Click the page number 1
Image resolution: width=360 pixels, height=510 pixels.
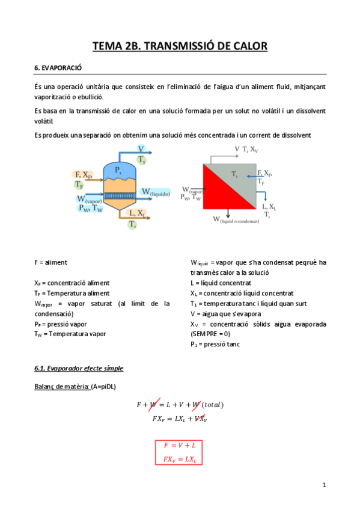tap(324, 485)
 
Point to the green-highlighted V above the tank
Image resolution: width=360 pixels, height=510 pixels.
tap(141, 149)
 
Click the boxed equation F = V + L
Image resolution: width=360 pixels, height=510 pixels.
tap(179, 446)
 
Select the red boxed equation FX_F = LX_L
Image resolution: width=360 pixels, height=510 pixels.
tap(179, 459)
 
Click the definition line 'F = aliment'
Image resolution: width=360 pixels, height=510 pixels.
tap(51, 263)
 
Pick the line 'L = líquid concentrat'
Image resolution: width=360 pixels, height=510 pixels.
tap(221, 283)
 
